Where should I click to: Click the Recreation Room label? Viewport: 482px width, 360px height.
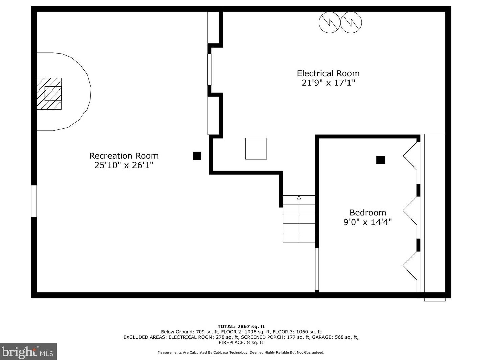tap(124, 156)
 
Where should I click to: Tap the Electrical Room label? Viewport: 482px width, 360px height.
tap(328, 73)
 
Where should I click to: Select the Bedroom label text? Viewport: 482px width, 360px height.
tap(368, 212)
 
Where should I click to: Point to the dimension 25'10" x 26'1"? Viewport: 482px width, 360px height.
tap(124, 165)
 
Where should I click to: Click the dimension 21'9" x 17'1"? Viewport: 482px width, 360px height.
tap(328, 83)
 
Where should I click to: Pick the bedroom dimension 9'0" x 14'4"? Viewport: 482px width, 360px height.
tap(368, 222)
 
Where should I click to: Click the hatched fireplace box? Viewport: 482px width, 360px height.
tap(49, 94)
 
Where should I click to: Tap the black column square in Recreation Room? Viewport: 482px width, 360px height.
tap(197, 156)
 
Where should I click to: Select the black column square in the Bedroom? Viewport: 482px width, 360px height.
tap(381, 160)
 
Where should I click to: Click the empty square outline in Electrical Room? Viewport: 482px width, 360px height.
tap(256, 149)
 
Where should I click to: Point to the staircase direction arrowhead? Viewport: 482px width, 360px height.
tap(299, 198)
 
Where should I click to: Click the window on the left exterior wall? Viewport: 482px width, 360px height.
tap(34, 201)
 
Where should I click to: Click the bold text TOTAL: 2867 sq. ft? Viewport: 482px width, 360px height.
tap(241, 326)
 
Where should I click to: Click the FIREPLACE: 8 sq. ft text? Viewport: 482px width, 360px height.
tap(241, 342)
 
